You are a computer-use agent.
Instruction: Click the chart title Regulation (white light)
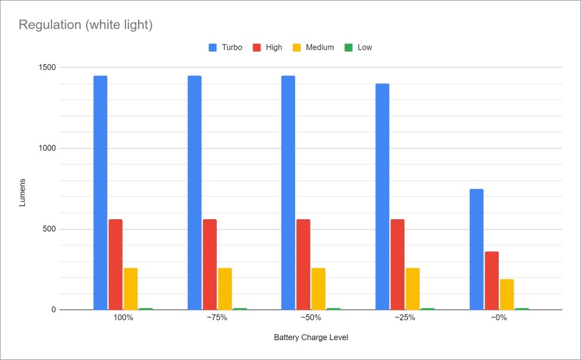click(86, 25)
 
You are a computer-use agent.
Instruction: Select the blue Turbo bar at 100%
click(100, 192)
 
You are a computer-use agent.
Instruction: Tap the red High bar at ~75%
click(210, 264)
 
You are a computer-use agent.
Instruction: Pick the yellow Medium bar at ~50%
click(318, 288)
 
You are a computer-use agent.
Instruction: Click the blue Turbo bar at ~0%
click(477, 249)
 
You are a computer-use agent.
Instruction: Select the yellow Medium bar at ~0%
click(507, 294)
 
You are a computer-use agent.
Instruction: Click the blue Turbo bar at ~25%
click(382, 196)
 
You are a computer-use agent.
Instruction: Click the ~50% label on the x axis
click(311, 318)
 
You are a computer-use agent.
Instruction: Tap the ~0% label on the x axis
click(499, 318)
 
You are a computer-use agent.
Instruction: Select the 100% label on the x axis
click(123, 318)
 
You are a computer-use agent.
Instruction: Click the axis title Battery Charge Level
click(311, 338)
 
